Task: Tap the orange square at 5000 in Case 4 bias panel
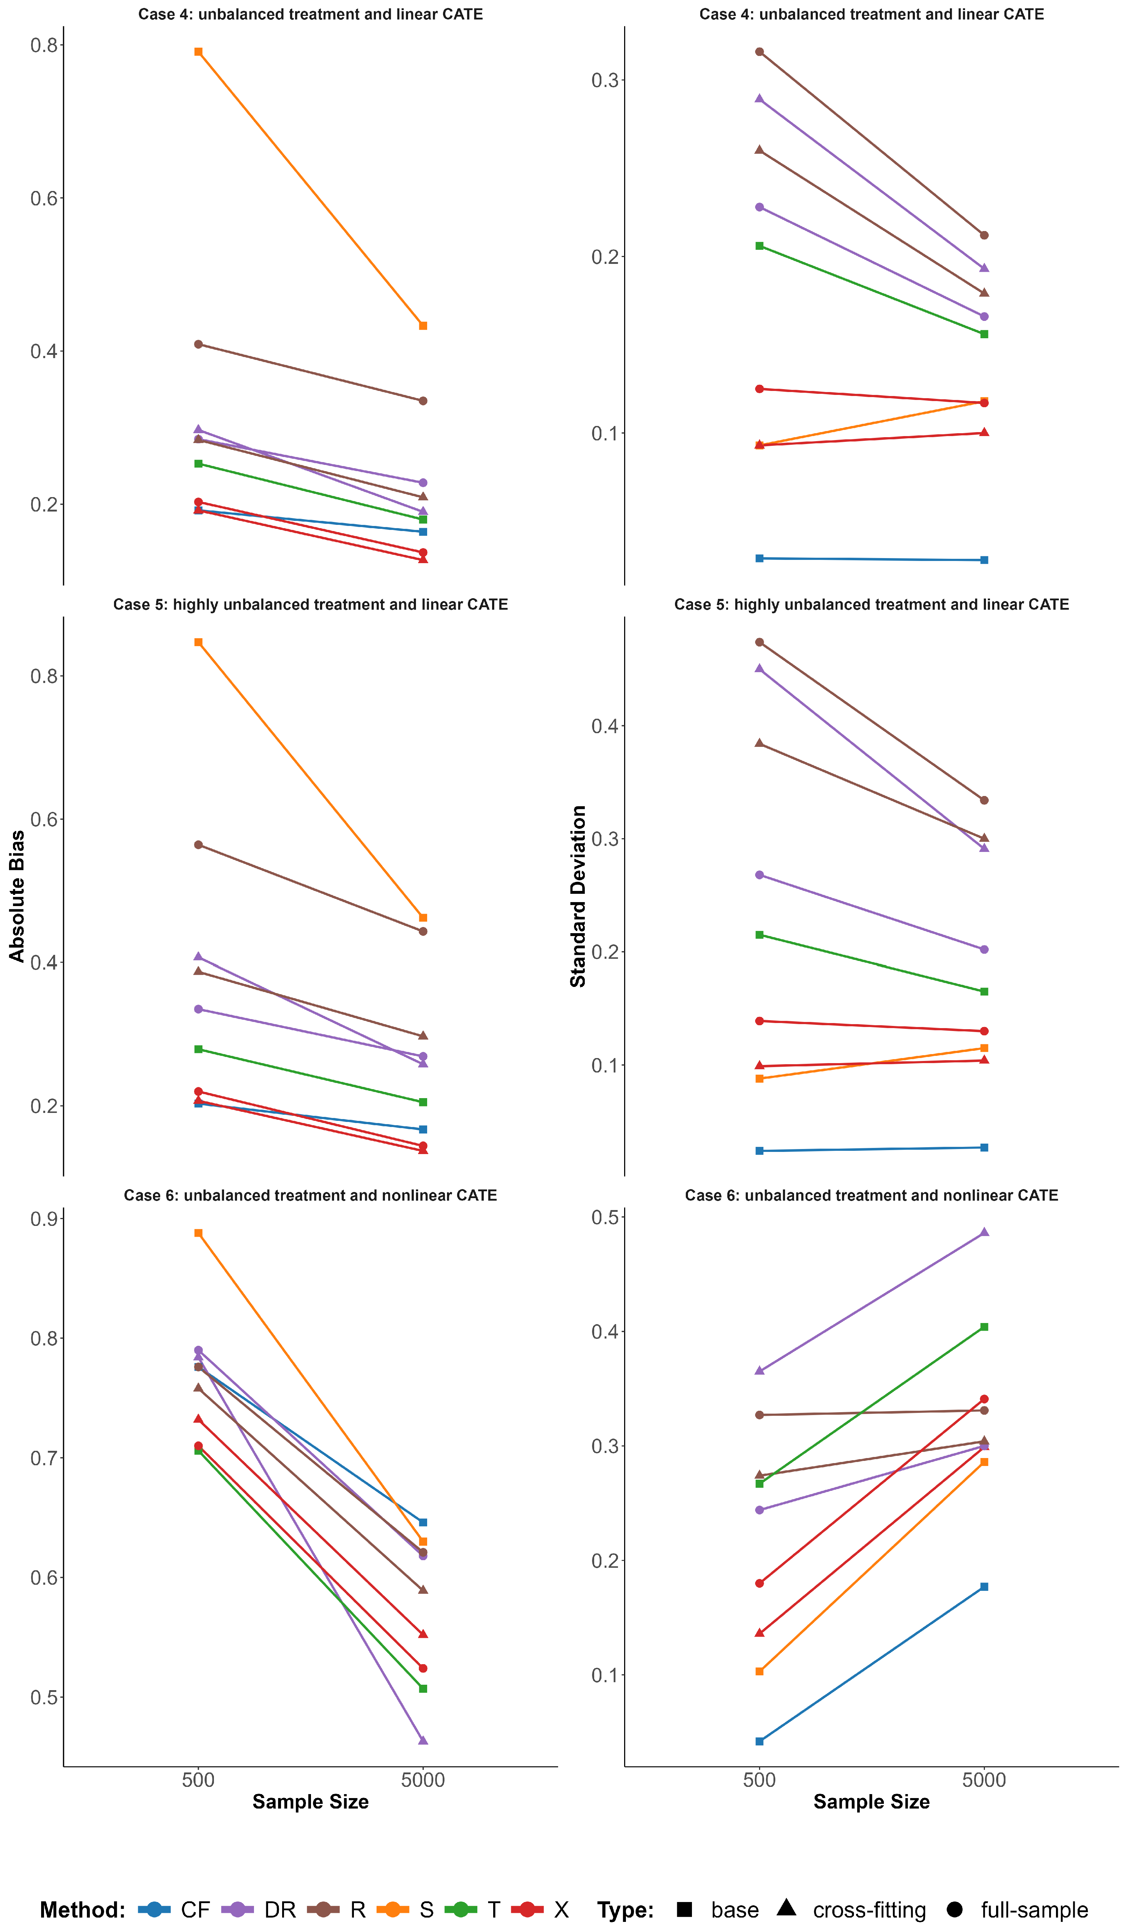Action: (x=423, y=326)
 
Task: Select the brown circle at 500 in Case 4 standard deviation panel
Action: (x=759, y=52)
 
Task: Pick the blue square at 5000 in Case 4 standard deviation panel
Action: (x=985, y=561)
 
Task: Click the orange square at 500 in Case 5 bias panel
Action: (x=198, y=643)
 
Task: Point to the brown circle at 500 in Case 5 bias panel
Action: (x=198, y=845)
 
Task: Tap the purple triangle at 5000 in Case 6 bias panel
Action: (x=423, y=1740)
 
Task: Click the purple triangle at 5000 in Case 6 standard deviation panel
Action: (x=985, y=1232)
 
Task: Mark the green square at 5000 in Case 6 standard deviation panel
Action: (x=985, y=1327)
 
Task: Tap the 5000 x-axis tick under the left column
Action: (x=423, y=1780)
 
